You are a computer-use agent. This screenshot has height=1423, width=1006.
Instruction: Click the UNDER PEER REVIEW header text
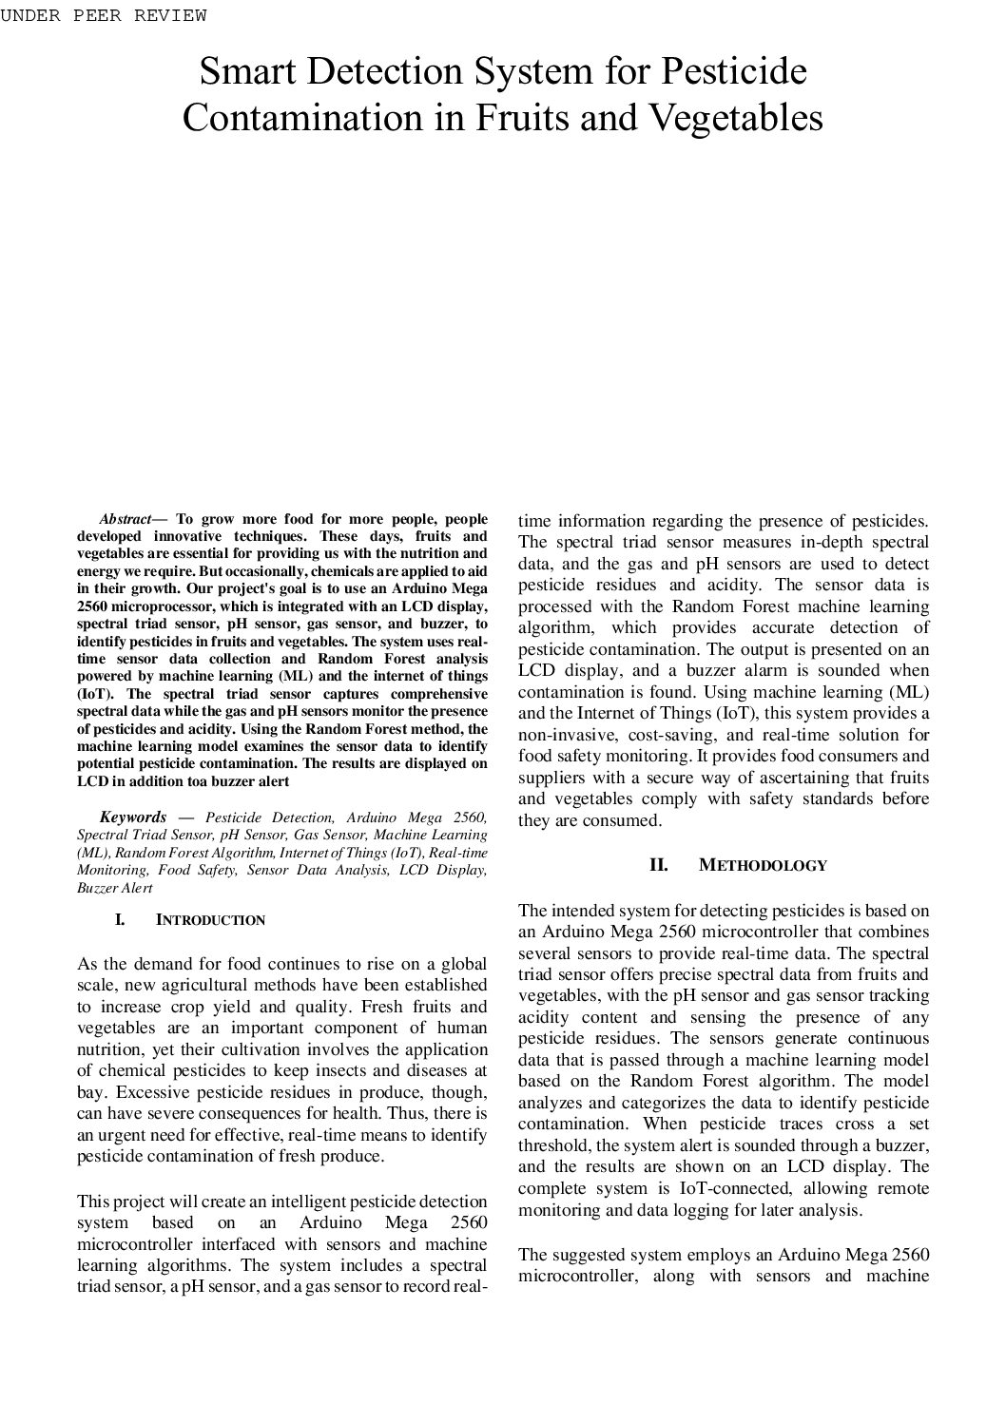click(104, 15)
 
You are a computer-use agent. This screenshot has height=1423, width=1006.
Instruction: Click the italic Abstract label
click(126, 519)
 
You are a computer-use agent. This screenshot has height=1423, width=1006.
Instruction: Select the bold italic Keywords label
click(133, 817)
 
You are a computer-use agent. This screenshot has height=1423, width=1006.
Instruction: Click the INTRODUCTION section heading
click(210, 920)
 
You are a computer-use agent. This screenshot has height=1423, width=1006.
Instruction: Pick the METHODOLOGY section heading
click(763, 866)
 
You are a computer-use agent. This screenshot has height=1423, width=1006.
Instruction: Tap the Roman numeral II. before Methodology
click(658, 865)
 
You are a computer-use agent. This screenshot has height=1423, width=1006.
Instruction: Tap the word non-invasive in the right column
click(568, 735)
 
